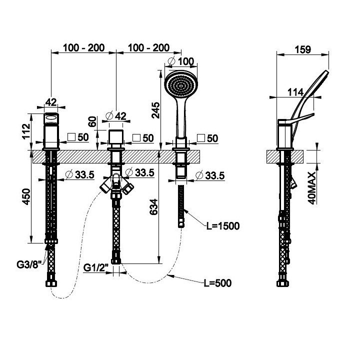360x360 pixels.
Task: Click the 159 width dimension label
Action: (x=303, y=49)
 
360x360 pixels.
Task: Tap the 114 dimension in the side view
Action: (x=295, y=92)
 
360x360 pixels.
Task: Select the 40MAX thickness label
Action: (x=312, y=188)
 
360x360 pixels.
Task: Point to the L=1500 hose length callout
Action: (x=223, y=226)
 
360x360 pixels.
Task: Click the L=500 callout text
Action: (x=217, y=283)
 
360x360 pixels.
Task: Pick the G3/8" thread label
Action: (x=29, y=264)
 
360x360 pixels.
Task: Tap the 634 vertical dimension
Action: (x=153, y=207)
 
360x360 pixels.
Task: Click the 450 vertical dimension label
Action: (x=26, y=196)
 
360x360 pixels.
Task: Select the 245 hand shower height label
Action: (x=155, y=110)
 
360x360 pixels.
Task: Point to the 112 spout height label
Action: (x=26, y=131)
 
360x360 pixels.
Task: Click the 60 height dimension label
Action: (x=92, y=121)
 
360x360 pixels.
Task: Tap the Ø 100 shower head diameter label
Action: (x=181, y=61)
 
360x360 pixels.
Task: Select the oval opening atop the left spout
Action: (x=51, y=118)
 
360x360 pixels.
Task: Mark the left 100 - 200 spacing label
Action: (x=83, y=48)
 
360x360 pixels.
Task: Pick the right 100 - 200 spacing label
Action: (x=148, y=48)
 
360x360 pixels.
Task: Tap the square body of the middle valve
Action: (x=116, y=136)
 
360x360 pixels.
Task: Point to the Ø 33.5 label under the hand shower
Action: (x=210, y=175)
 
